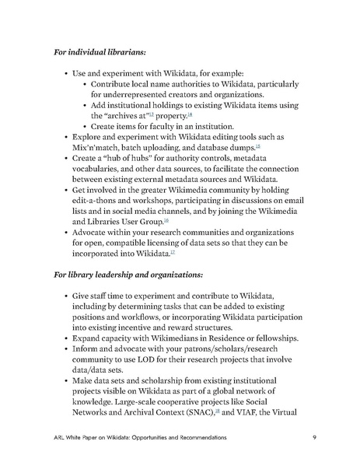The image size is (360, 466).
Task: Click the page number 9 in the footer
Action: coord(312,439)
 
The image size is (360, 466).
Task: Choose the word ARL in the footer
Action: coord(61,439)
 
